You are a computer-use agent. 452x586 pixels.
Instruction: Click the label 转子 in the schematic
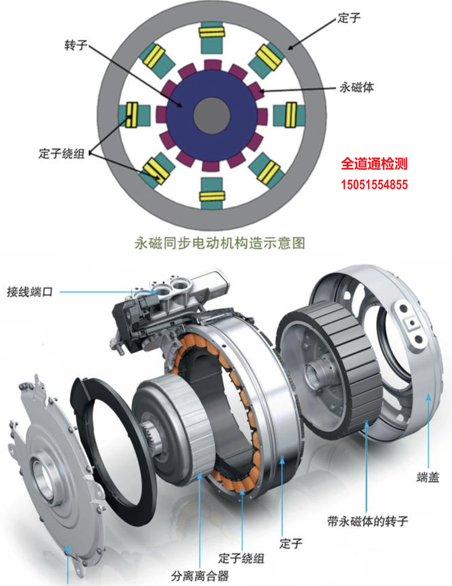76,45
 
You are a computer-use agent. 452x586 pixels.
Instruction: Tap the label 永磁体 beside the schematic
357,87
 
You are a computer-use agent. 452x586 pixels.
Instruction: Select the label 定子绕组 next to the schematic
62,154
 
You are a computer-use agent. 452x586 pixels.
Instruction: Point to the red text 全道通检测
374,164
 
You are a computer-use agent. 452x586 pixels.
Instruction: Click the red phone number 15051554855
374,185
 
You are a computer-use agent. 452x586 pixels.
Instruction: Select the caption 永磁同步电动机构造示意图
220,243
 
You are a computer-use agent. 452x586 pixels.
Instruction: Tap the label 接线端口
30,292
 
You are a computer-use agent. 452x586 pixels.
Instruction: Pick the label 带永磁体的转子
367,521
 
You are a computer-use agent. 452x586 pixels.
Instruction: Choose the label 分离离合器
200,576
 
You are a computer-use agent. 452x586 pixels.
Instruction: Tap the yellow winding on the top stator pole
212,32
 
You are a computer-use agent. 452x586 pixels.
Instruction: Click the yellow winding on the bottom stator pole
212,196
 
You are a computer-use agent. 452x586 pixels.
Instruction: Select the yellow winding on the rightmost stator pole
291,114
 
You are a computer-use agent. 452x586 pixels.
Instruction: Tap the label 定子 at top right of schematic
349,18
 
